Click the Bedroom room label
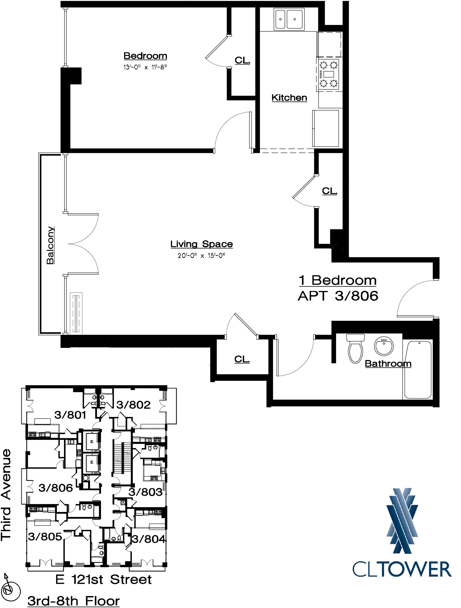[145, 56]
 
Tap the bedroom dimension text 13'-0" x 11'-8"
[145, 67]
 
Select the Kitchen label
[289, 98]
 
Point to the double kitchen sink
[290, 19]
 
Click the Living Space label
[202, 244]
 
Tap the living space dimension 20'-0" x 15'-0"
[202, 256]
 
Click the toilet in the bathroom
[356, 348]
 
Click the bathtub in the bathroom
[417, 369]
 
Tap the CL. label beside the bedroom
[243, 60]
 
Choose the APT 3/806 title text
[338, 296]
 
